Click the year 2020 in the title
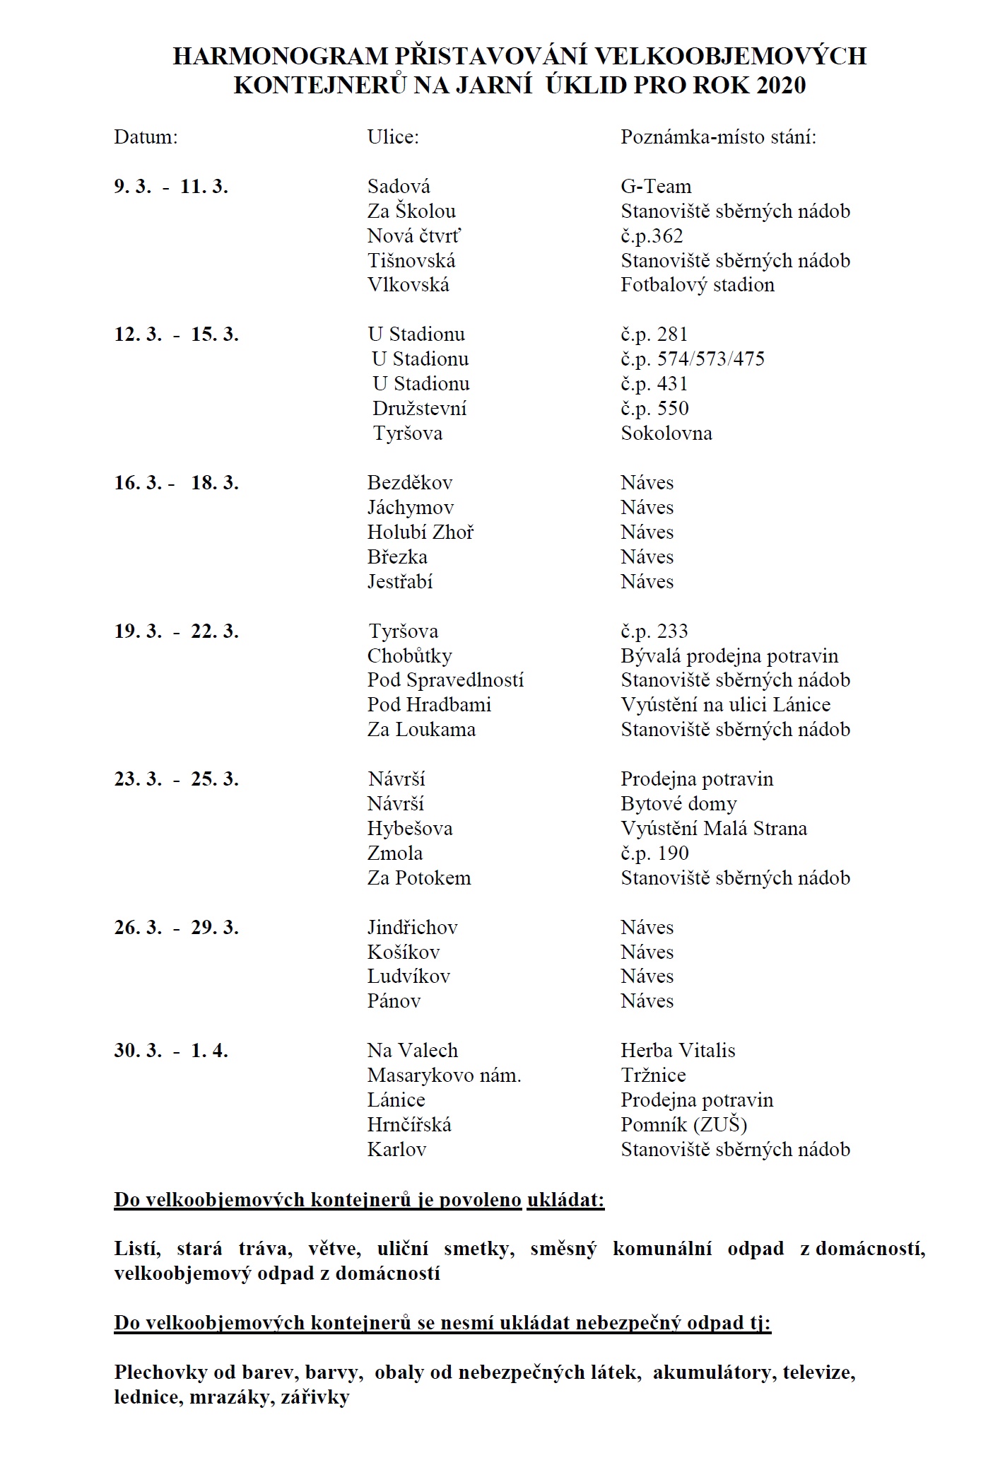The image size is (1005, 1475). point(780,86)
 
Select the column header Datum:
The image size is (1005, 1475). point(146,136)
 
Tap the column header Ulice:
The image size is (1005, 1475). point(393,136)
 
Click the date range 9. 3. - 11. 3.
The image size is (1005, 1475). point(171,187)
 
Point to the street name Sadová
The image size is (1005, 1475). point(399,187)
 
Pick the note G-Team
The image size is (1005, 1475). point(656,187)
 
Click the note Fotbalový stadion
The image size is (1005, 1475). point(698,285)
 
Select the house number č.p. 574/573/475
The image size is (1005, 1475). point(693,359)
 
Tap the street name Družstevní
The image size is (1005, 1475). point(420,409)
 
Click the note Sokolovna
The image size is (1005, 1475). point(666,433)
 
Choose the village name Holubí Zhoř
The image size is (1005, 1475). point(421,532)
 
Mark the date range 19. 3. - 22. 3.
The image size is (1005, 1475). point(177,631)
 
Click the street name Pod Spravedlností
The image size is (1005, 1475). point(445,680)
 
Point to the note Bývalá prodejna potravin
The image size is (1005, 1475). point(729,656)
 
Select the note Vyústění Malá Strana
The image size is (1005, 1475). point(714,829)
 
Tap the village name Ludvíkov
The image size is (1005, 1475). point(409,976)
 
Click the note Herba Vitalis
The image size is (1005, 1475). point(678,1051)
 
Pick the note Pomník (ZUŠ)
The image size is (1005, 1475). point(683,1125)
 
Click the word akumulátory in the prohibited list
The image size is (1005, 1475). point(712,1373)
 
